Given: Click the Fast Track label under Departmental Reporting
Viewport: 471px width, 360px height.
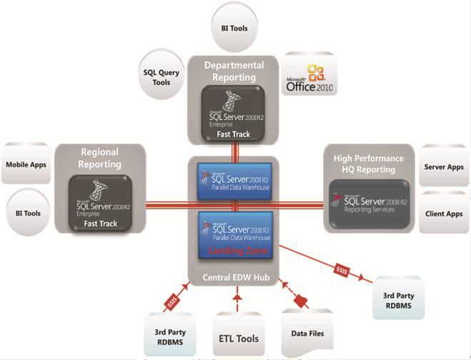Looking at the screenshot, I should click(234, 133).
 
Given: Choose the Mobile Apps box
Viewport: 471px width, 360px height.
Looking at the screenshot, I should click(26, 165).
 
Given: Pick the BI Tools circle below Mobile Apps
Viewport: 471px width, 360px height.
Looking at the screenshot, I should click(26, 212).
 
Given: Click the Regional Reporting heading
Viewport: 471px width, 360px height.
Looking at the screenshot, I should click(101, 158).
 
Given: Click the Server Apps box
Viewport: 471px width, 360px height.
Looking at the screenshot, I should click(444, 167).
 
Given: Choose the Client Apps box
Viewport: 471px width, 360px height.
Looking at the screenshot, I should click(444, 214).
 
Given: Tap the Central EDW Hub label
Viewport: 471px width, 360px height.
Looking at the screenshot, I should click(235, 276).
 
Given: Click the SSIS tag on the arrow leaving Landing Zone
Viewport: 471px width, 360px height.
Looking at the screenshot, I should click(342, 269).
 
